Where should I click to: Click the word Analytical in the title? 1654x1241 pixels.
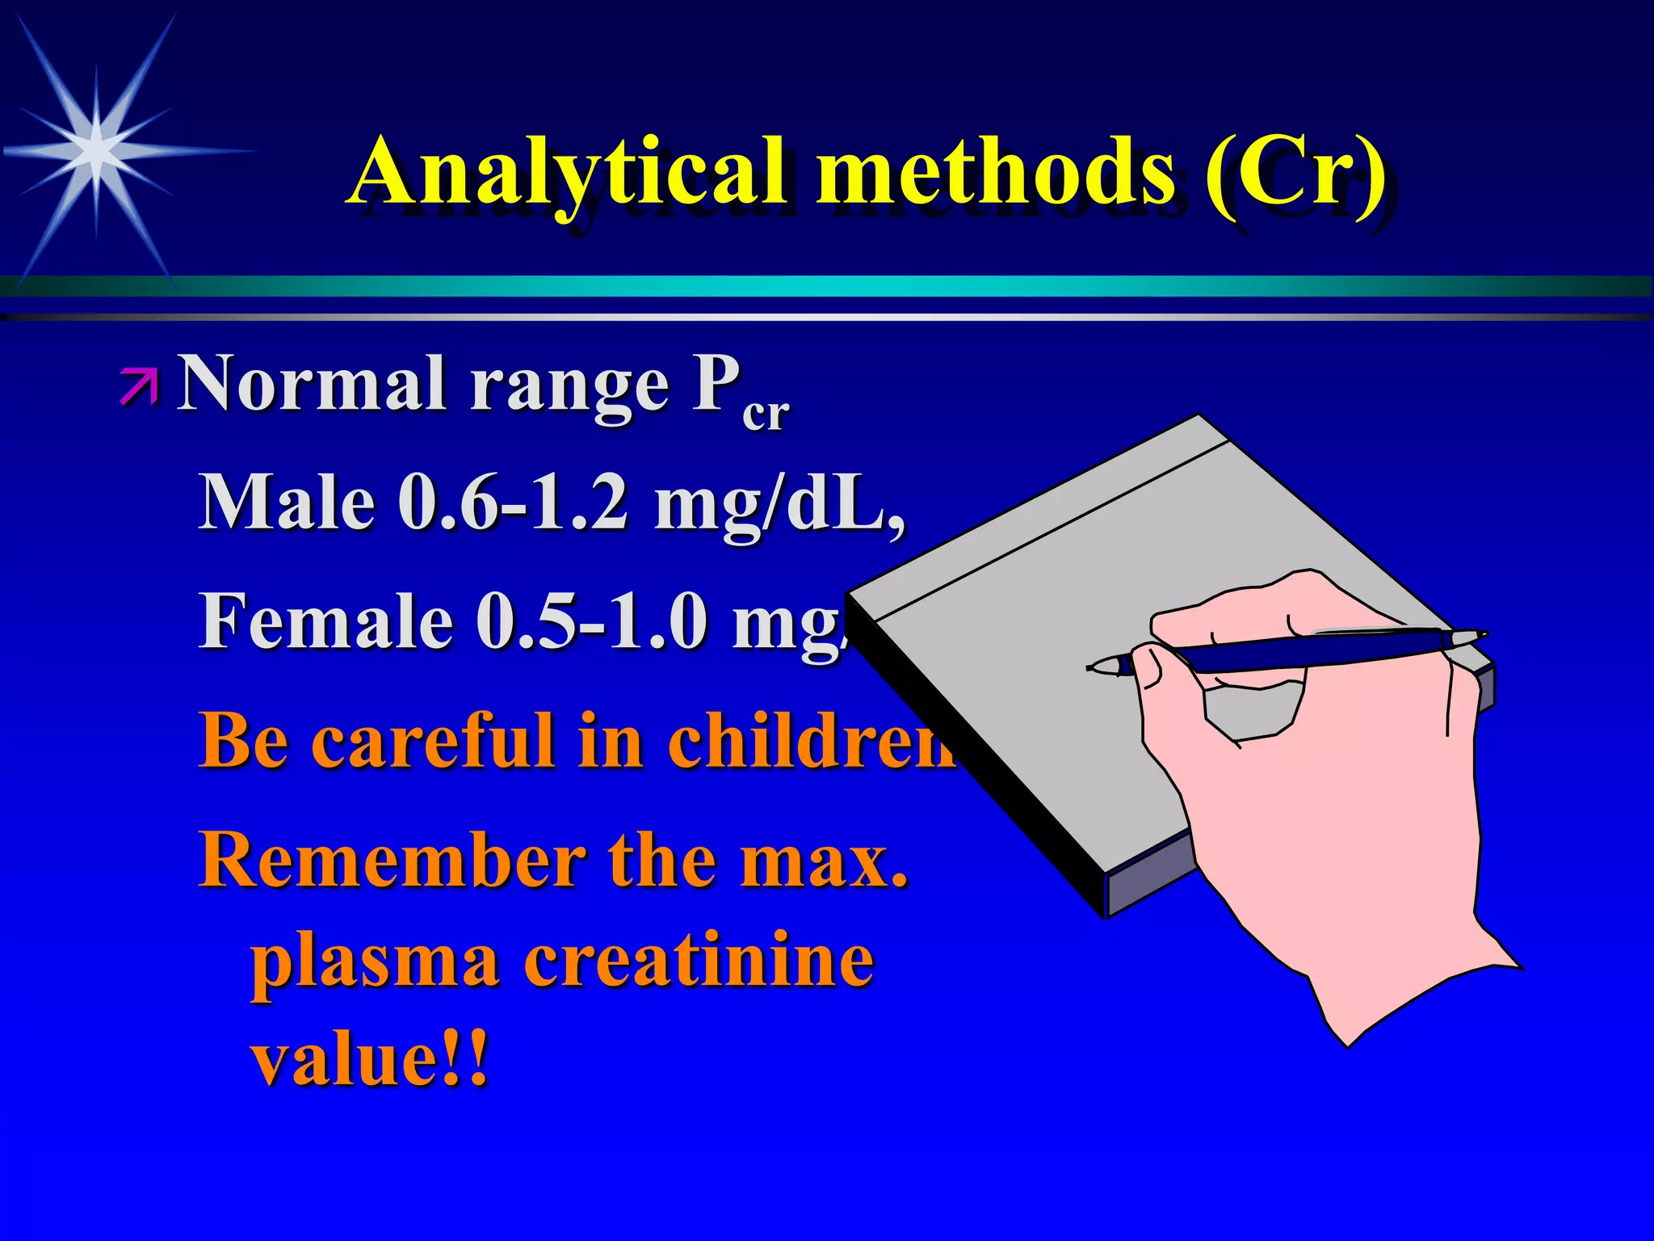tap(565, 171)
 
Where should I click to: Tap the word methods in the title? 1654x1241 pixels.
tap(993, 171)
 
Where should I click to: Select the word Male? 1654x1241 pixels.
tap(287, 502)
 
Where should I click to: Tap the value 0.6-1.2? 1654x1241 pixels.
tap(513, 502)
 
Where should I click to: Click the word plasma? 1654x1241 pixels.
tap(375, 963)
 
